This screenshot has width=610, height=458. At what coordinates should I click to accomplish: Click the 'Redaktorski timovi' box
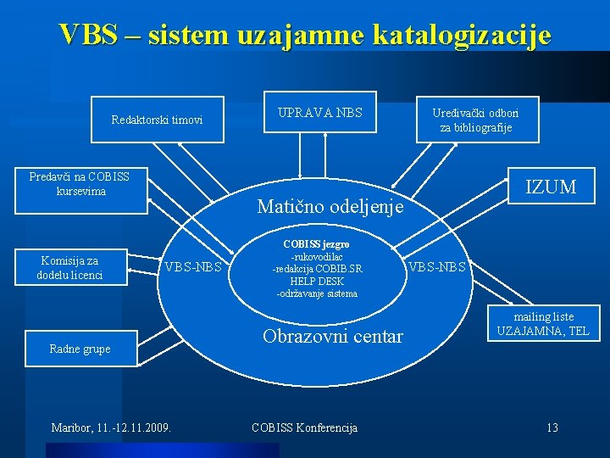[157, 120]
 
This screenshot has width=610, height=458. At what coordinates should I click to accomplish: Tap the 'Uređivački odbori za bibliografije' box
[475, 120]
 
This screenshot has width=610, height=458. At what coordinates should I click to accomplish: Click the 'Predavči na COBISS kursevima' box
[79, 184]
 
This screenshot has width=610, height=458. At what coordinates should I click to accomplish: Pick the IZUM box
[551, 187]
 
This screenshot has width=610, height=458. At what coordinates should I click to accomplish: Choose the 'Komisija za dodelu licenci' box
[69, 268]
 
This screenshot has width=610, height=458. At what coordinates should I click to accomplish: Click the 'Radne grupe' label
[80, 349]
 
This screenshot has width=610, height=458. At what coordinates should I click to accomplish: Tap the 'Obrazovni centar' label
[332, 337]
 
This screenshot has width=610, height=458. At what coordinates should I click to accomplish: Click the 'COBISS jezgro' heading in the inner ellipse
[316, 244]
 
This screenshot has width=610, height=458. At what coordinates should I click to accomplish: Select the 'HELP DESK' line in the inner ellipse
[315, 281]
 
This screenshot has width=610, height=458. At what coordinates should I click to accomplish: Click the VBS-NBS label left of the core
[193, 267]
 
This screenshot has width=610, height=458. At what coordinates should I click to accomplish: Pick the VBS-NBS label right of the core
[436, 267]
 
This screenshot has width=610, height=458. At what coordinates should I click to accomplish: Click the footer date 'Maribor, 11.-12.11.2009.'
[111, 427]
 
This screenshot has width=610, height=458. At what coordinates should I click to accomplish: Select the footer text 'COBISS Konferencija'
[305, 427]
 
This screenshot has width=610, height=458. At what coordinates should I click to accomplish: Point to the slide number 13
[552, 427]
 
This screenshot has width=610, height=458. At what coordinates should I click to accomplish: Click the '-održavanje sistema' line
[317, 293]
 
